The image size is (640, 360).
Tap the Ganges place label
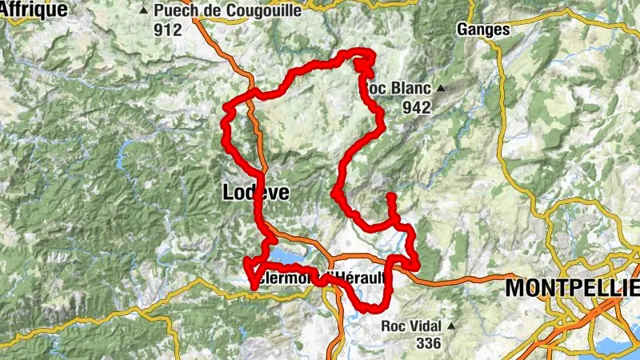coord(483,30)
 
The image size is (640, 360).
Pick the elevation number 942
coord(417,107)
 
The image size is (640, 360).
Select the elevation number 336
coord(429,343)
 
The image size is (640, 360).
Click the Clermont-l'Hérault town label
coord(320,277)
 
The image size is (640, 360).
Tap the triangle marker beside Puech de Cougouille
coord(144,11)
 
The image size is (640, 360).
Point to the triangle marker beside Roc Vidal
coord(452,326)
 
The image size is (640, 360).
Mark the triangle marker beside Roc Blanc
coord(440,88)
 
